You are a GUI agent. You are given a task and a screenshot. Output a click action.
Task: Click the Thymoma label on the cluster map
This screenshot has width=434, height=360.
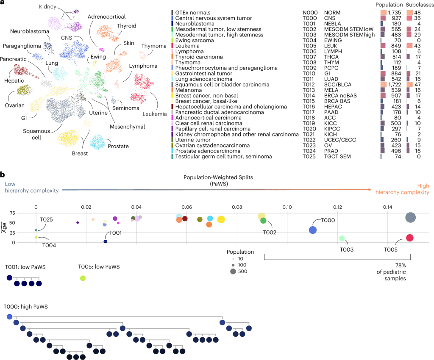click(x=154, y=46)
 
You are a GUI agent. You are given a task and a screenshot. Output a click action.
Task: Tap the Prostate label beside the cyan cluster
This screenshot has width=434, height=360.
click(x=118, y=146)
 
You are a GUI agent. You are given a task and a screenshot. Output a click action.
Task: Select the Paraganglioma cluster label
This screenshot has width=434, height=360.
click(x=22, y=46)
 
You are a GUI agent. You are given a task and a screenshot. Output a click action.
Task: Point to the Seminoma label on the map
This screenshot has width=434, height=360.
click(x=125, y=108)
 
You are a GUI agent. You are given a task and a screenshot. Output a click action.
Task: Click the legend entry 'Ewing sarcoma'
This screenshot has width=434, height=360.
click(x=194, y=40)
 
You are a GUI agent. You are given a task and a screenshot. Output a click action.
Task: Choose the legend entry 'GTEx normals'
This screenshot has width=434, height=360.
click(x=193, y=13)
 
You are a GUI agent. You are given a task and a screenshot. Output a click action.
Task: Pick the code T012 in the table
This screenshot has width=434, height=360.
click(x=309, y=85)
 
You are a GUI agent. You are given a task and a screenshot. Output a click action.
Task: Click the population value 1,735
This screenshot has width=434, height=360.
click(x=394, y=13)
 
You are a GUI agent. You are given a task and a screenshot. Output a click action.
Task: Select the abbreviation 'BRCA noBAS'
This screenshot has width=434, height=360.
click(x=340, y=96)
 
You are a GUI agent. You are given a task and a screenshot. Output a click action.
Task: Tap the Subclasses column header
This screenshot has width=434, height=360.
click(x=420, y=5)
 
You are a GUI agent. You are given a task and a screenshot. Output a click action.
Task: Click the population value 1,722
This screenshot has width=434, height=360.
click(x=394, y=85)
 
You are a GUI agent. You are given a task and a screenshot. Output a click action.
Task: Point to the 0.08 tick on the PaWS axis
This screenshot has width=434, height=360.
click(x=237, y=207)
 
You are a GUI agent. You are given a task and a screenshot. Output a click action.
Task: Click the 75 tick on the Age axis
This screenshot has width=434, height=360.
click(x=12, y=213)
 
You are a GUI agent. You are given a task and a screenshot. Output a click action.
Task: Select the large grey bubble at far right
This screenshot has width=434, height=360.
click(x=410, y=218)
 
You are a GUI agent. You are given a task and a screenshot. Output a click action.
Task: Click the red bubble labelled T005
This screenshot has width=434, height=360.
click(x=410, y=238)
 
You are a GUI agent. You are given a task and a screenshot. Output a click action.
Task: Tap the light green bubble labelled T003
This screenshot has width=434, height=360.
click(x=342, y=238)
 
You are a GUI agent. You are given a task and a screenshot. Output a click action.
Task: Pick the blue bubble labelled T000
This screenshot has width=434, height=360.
click(x=313, y=230)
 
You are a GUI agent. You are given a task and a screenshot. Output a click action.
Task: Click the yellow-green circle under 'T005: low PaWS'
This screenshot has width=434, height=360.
click(x=83, y=278)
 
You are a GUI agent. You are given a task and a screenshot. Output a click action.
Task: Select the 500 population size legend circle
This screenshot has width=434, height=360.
click(x=233, y=271)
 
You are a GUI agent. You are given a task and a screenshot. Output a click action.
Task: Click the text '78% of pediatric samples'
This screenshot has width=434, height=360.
click(x=391, y=272)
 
